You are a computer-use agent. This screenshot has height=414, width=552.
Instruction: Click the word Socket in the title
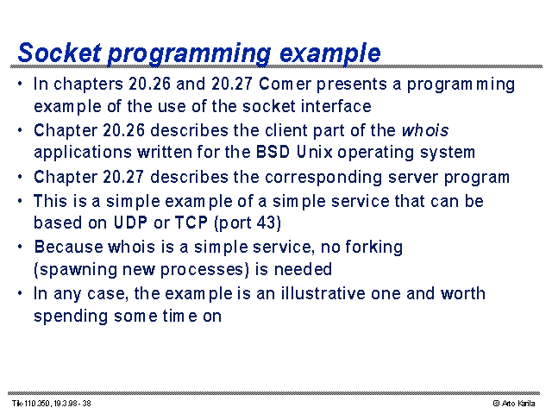click(x=60, y=53)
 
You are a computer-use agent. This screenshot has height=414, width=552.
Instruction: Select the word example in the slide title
click(x=329, y=54)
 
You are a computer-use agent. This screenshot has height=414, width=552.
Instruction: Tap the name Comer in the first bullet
click(x=285, y=84)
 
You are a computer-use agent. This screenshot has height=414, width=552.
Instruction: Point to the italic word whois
click(x=425, y=130)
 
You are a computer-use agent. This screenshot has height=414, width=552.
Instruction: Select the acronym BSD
click(x=273, y=152)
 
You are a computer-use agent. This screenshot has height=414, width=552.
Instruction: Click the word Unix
click(x=314, y=152)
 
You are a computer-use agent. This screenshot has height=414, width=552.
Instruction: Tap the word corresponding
click(x=323, y=177)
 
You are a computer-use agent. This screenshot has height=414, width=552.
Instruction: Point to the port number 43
click(x=268, y=223)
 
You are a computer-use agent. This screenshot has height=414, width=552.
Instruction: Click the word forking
click(x=373, y=248)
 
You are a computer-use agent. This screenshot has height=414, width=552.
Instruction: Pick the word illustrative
click(x=323, y=293)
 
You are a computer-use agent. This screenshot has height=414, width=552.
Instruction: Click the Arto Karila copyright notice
click(x=514, y=404)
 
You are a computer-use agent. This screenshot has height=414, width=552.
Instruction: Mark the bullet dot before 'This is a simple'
click(x=20, y=200)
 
